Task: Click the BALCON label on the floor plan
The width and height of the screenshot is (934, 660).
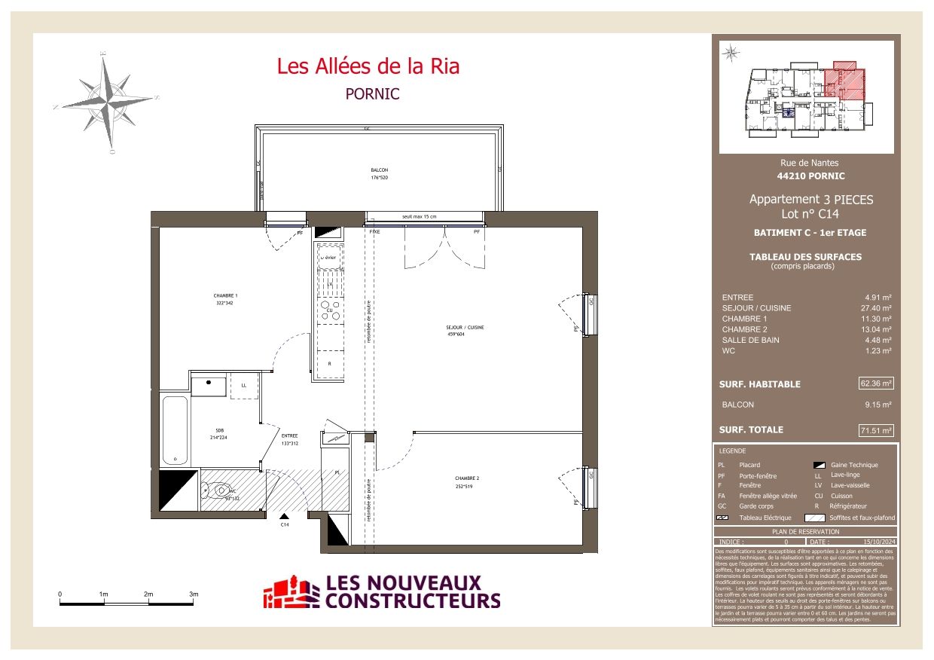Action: click(x=379, y=170)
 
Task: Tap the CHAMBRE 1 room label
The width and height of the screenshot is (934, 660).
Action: click(x=225, y=295)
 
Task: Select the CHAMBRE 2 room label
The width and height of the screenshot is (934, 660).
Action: click(x=467, y=478)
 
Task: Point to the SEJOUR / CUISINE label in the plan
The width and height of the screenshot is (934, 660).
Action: click(x=464, y=327)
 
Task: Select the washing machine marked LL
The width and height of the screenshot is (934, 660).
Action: click(x=244, y=386)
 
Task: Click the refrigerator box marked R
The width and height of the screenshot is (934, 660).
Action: click(x=329, y=364)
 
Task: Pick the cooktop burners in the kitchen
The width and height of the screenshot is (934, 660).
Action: click(x=329, y=310)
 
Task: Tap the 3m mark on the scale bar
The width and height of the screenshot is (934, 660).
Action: click(x=194, y=595)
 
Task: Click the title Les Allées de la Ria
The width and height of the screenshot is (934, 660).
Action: click(x=368, y=66)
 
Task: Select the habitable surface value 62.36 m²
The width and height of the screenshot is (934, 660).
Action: click(x=876, y=383)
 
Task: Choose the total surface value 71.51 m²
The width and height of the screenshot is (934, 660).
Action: click(x=876, y=430)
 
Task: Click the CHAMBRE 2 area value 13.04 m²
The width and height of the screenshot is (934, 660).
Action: click(x=877, y=329)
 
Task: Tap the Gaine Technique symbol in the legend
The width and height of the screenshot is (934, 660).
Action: click(x=820, y=465)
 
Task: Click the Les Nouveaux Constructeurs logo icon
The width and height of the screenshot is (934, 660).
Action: click(x=287, y=592)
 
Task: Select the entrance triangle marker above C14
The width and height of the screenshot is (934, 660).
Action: click(x=285, y=516)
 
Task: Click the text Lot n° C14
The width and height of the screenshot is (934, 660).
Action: click(x=810, y=215)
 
